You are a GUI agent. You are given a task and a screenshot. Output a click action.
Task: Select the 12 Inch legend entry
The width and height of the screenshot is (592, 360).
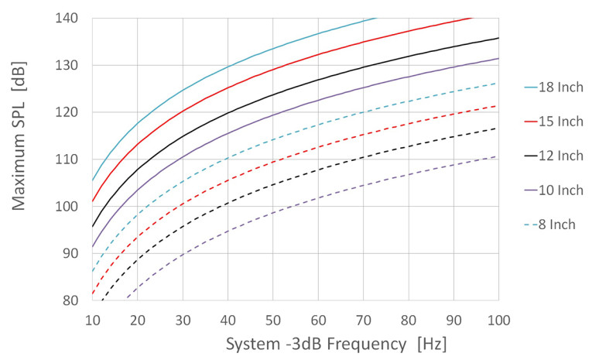point(557,156)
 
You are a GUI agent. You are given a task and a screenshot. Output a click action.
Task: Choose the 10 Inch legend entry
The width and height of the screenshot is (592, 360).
point(557,190)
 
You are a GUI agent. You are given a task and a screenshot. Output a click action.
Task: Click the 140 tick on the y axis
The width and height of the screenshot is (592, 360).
point(70,18)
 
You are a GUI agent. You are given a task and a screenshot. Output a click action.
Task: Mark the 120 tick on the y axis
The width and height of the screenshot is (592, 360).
point(70,112)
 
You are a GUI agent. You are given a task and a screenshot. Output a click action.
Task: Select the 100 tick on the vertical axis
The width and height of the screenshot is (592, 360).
point(70,207)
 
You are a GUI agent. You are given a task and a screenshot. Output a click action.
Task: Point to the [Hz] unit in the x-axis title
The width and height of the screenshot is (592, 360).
point(429,341)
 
